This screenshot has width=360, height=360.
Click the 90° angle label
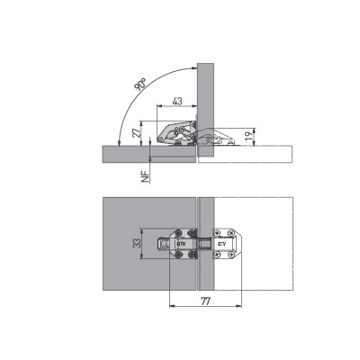140,84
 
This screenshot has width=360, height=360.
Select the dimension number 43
177,101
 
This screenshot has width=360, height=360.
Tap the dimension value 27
136,132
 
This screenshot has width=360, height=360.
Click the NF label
146,177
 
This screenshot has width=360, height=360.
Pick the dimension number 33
137,243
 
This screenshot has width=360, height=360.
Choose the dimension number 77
205,301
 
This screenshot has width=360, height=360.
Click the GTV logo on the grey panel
181,244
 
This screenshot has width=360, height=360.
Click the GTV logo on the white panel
221,244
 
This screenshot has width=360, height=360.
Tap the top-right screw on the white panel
230,232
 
